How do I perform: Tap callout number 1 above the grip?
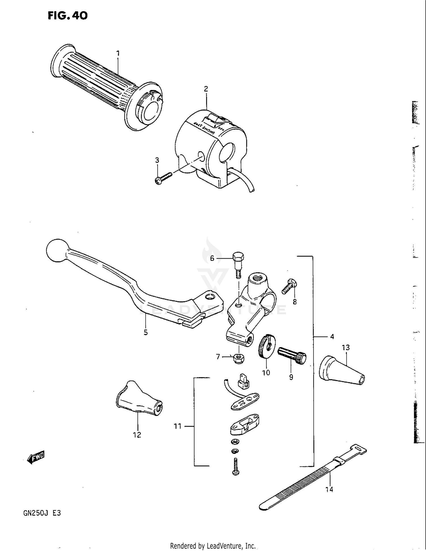pyautogui.click(x=118, y=53)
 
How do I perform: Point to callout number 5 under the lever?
pyautogui.click(x=145, y=332)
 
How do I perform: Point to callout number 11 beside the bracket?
pyautogui.click(x=177, y=426)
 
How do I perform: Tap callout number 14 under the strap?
pyautogui.click(x=329, y=489)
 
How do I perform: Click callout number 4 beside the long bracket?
pyautogui.click(x=332, y=337)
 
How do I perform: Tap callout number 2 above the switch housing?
pyautogui.click(x=206, y=89)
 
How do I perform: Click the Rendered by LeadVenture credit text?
pyautogui.click(x=213, y=546)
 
